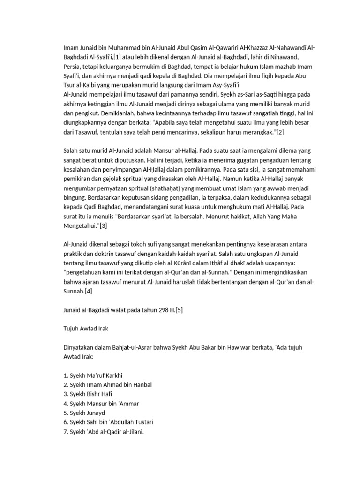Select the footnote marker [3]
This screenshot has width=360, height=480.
[103, 226]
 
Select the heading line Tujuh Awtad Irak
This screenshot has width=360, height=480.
[85, 329]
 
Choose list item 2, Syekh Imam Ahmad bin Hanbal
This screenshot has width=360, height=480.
[107, 384]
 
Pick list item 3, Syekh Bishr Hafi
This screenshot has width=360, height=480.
[88, 394]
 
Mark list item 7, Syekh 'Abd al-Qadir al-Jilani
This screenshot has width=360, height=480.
[103, 431]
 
